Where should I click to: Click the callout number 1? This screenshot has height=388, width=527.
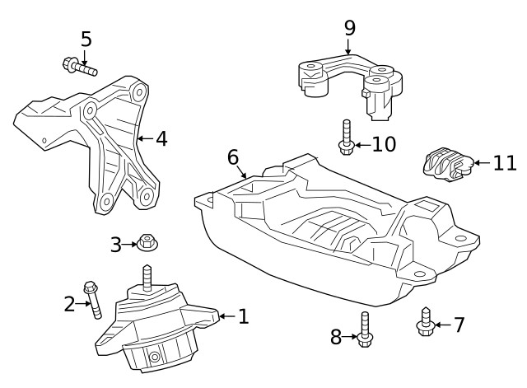[243, 316]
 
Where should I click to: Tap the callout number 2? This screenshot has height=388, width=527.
[70, 305]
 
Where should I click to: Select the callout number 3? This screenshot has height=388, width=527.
[116, 245]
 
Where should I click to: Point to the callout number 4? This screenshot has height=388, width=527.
[161, 138]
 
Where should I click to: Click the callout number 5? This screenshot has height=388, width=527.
[86, 39]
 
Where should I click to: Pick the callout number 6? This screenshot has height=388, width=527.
[233, 157]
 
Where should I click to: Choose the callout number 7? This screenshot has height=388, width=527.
[459, 325]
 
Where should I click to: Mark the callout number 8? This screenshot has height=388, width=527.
[336, 336]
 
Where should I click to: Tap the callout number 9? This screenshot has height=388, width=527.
[350, 27]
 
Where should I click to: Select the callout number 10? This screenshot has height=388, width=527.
[384, 145]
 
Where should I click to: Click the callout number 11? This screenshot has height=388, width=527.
[505, 163]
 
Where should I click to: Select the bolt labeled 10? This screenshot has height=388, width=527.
[347, 138]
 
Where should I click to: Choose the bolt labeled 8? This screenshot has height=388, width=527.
[365, 329]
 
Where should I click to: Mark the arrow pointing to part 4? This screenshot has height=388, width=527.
[144, 138]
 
